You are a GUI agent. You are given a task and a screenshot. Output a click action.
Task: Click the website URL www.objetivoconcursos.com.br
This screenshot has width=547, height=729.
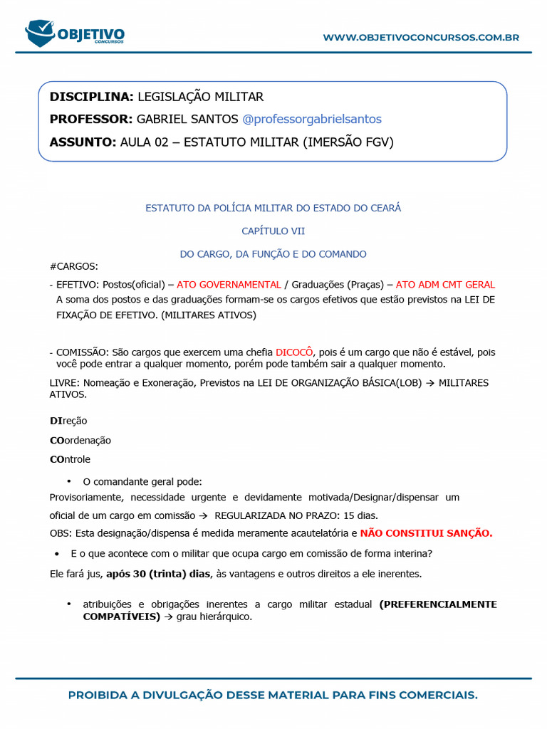point(421,37)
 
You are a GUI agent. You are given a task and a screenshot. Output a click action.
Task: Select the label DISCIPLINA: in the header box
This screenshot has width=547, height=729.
point(91,97)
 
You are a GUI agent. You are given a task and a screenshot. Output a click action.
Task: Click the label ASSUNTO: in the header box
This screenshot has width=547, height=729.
point(82,142)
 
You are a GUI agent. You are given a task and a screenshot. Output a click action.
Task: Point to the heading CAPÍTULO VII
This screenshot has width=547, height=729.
point(273,231)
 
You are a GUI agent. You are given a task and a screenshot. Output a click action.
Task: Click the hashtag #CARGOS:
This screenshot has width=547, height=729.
point(74,266)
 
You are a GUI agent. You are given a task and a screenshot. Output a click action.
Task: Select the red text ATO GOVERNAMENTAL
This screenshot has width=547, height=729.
point(229,285)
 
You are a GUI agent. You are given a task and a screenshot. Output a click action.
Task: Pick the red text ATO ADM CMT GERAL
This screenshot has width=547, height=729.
point(445,285)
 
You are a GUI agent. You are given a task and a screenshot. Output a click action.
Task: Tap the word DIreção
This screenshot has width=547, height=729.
point(68,421)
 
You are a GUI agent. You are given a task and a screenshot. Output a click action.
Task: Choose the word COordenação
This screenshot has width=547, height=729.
point(80,440)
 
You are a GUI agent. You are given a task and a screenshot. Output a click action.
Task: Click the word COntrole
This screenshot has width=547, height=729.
point(70,459)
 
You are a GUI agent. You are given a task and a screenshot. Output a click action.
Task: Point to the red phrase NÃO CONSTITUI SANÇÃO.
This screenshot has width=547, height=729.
point(426,533)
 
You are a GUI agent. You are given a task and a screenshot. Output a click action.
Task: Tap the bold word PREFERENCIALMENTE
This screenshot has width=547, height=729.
point(438,604)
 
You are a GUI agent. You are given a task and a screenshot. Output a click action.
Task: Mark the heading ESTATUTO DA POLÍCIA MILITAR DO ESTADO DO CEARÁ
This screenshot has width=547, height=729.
point(273,208)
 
